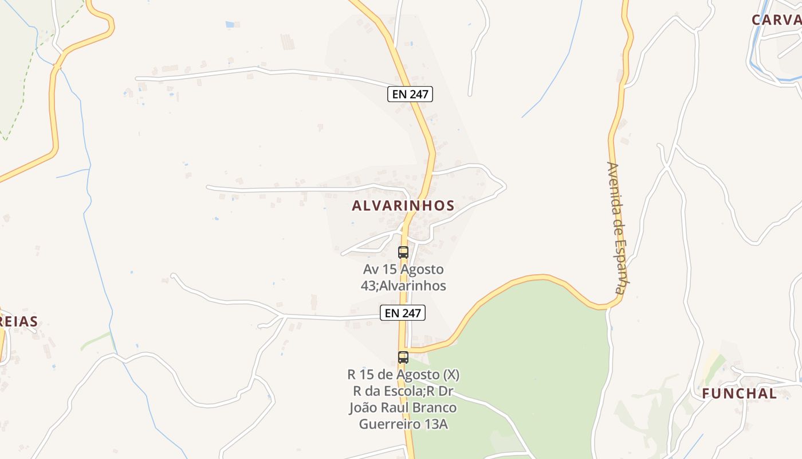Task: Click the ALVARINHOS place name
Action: click(x=403, y=205)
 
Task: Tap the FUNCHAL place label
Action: click(x=740, y=394)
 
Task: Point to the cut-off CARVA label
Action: click(x=776, y=20)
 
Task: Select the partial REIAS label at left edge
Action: click(x=19, y=321)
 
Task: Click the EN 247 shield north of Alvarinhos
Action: click(x=410, y=94)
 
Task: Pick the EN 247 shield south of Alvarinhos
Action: click(x=403, y=313)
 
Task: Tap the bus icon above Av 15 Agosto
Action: click(x=403, y=252)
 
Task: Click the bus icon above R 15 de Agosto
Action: click(x=403, y=357)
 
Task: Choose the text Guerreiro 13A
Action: click(x=403, y=424)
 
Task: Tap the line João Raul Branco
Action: click(x=403, y=407)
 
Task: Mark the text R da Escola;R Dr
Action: click(x=403, y=391)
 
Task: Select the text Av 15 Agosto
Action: click(x=403, y=269)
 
